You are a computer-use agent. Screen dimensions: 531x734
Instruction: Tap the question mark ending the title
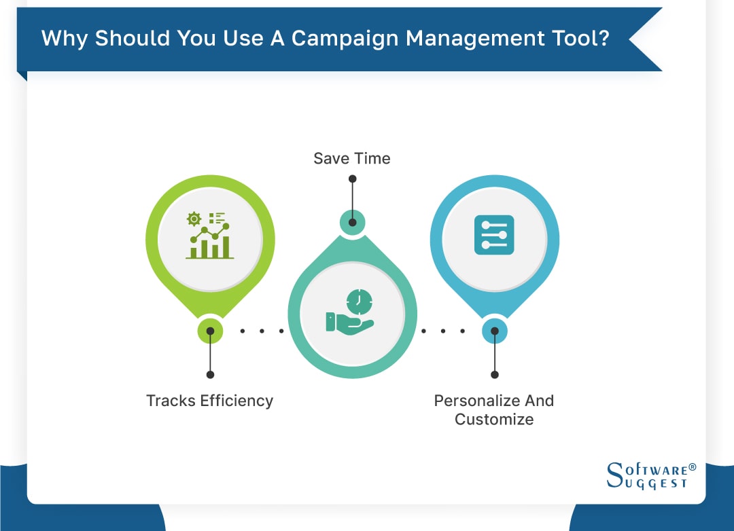602,38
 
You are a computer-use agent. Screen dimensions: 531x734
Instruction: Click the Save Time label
352,159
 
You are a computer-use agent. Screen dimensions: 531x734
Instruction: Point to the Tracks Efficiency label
209,401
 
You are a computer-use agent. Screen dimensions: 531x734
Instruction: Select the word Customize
494,420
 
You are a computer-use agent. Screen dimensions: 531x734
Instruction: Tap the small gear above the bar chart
194,218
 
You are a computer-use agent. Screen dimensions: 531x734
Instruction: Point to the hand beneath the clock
348,322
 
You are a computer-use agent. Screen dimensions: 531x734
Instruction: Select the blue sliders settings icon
494,235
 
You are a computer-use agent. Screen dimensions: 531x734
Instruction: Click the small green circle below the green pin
210,331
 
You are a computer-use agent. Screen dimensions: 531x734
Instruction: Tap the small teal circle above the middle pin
352,222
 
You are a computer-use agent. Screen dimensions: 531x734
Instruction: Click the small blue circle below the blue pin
494,331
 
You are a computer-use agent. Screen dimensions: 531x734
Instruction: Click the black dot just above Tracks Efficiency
210,374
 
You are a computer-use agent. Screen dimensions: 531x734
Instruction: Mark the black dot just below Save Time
352,179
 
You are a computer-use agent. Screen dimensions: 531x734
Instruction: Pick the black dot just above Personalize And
494,374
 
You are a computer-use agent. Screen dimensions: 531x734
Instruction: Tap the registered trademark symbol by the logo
693,467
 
